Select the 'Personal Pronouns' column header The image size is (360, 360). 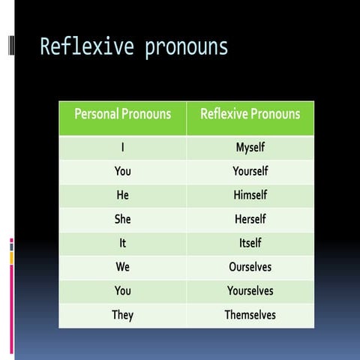coord(122,115)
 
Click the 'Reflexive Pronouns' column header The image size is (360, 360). coord(250,115)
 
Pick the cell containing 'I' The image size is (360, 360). coord(122,148)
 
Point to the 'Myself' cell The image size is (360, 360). coord(250,148)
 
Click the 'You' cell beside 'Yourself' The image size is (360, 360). coord(122,172)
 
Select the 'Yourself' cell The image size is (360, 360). coord(250,172)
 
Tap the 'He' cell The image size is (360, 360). coord(122,196)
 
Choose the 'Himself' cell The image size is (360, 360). coord(250,196)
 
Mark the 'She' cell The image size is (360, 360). coord(122,220)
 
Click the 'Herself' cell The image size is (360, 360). coord(250,220)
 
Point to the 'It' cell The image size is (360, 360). coord(122,243)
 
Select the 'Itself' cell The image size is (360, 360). coord(250,243)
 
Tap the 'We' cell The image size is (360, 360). coord(122,267)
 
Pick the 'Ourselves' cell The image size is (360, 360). coord(250,267)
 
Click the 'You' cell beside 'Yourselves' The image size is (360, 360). coord(122,291)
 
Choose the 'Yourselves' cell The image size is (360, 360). coord(250,291)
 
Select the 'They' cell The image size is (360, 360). coord(122,315)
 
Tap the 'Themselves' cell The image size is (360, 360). coord(250,315)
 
